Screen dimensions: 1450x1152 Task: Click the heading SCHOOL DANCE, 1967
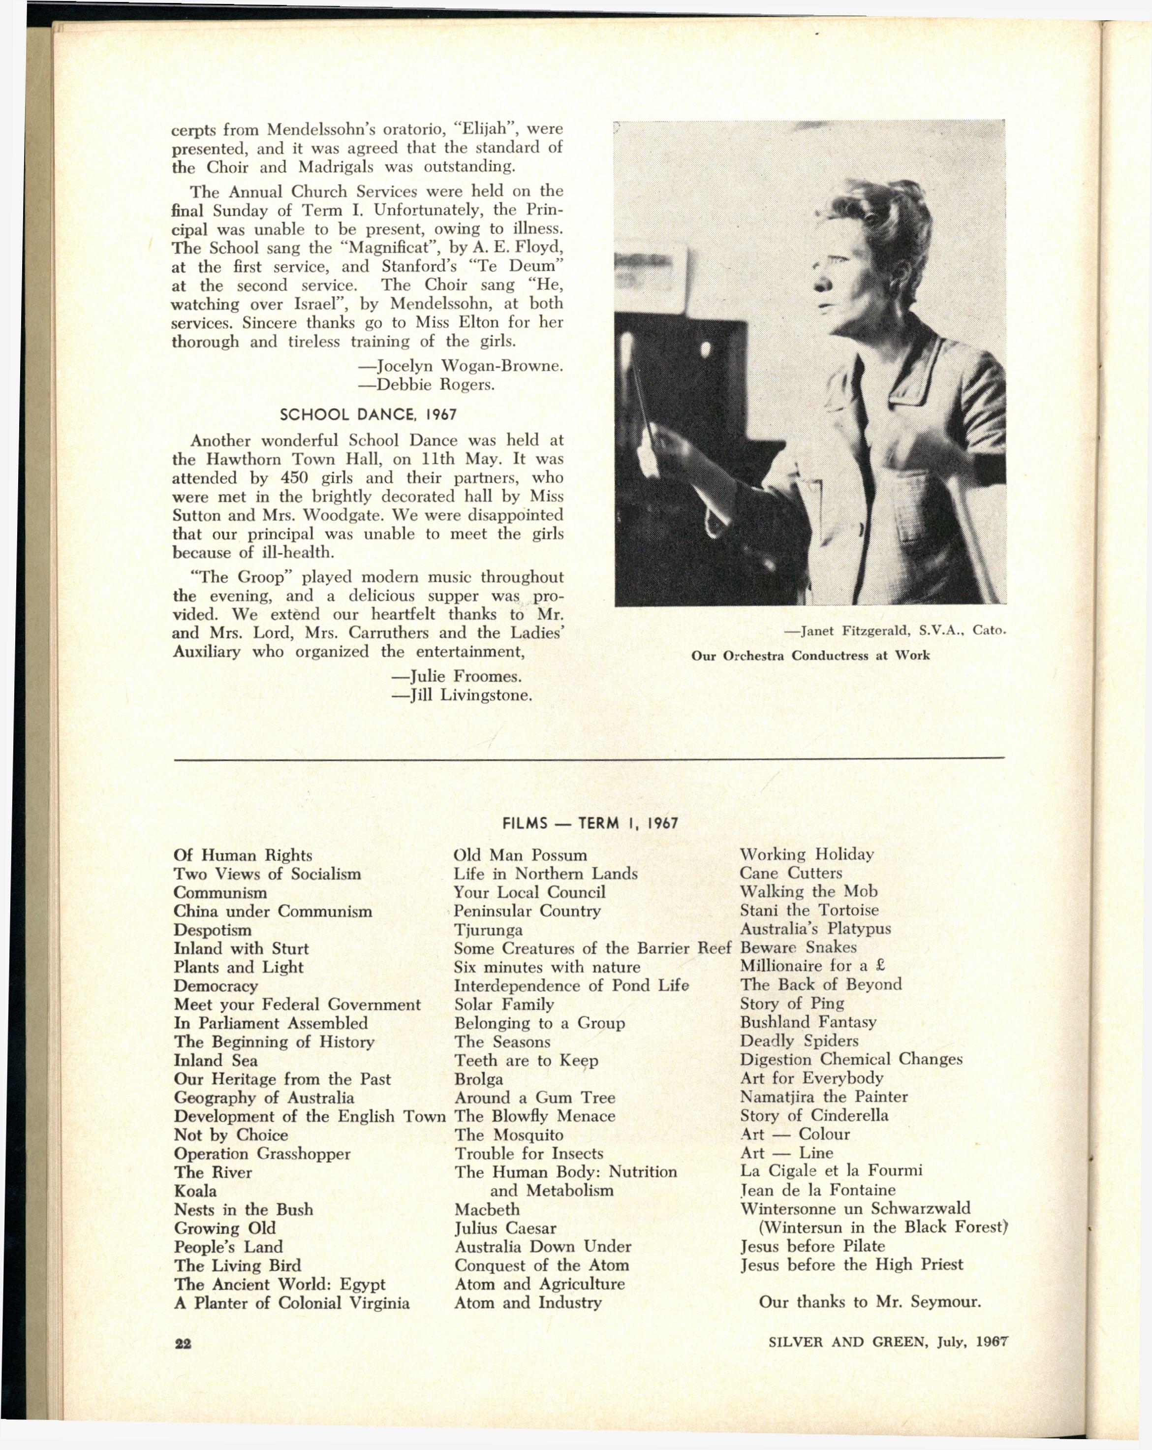tap(368, 414)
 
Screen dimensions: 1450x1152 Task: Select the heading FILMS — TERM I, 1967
tap(590, 823)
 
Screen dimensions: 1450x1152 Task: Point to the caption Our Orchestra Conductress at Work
tap(810, 655)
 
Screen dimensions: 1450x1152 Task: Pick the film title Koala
tap(195, 1191)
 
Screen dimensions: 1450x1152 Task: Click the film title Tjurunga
tap(488, 930)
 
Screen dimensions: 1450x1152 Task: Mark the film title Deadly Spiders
tap(799, 1040)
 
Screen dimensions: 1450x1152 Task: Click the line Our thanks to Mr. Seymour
tap(870, 1301)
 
